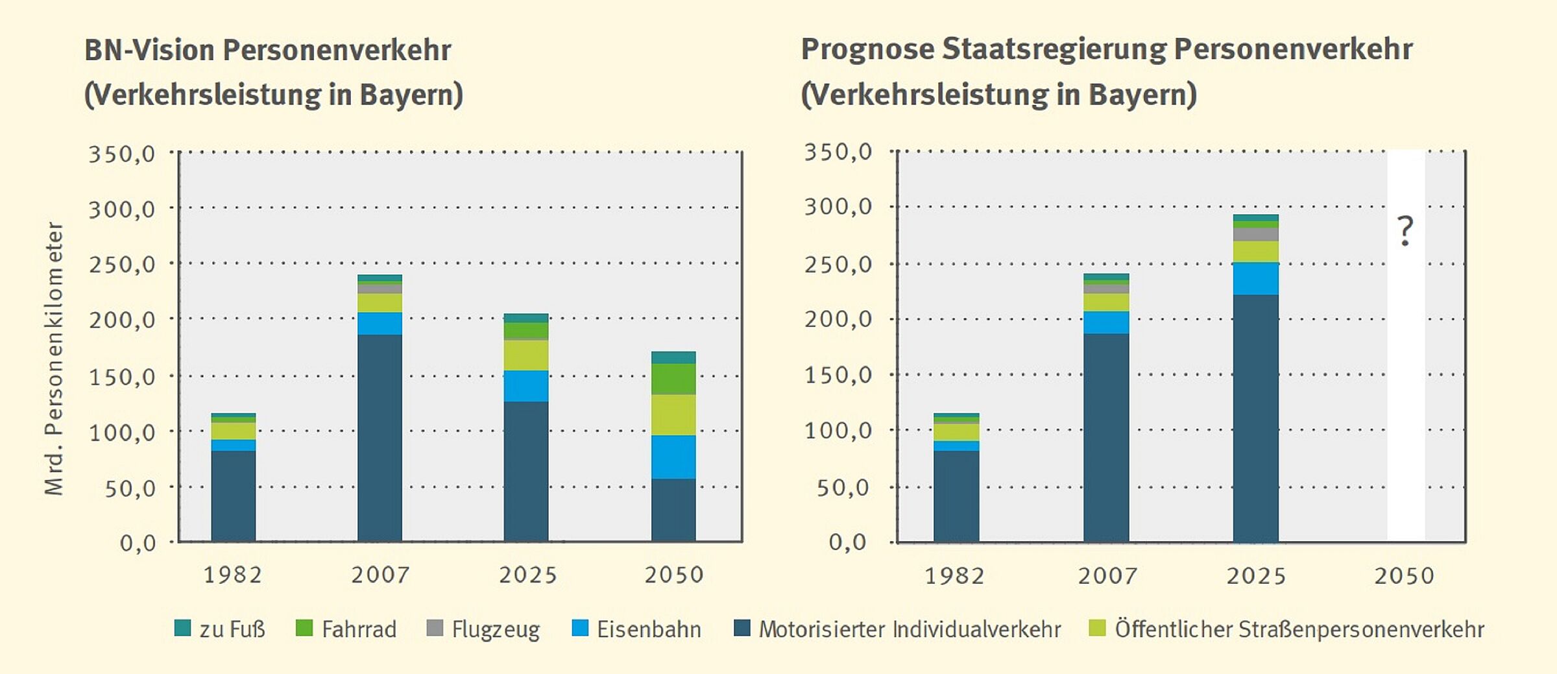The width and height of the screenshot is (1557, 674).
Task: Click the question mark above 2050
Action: (x=1405, y=231)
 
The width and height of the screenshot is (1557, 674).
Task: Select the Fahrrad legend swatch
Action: (x=304, y=628)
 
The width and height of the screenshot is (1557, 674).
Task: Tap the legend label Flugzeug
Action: (x=496, y=629)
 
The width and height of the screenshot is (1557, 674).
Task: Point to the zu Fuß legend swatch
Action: (x=183, y=628)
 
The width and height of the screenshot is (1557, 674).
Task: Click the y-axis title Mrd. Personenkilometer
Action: (x=54, y=359)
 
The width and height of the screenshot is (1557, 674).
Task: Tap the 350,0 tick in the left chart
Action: (x=122, y=154)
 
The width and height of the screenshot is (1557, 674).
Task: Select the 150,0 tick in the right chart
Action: (x=838, y=375)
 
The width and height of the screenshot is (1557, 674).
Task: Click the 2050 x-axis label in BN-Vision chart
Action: (x=673, y=575)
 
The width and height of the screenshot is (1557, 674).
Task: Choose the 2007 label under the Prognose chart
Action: (x=1107, y=576)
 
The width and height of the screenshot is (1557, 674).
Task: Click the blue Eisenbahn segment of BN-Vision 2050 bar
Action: (x=673, y=457)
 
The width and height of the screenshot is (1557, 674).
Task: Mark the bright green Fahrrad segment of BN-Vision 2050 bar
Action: (x=673, y=379)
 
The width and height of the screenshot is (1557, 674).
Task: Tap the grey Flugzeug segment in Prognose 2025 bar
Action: (x=1255, y=234)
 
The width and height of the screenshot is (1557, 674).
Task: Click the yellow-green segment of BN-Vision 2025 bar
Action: (x=526, y=355)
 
